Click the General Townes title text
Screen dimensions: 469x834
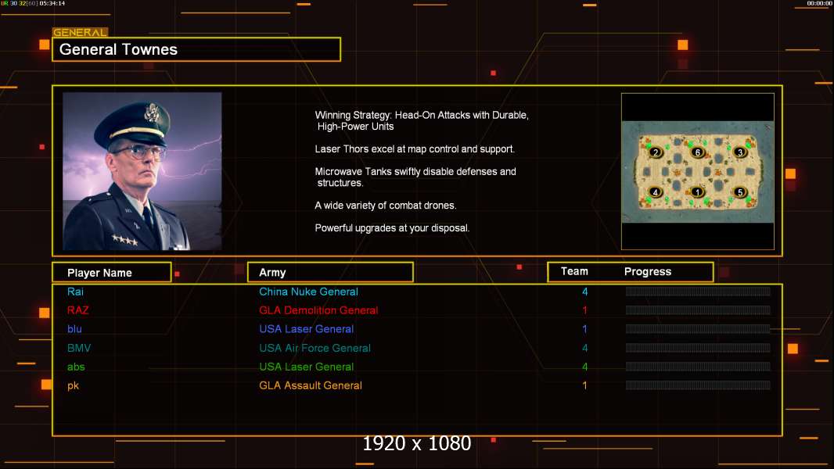[x=118, y=49]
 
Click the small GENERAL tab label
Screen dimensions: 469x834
[x=80, y=33]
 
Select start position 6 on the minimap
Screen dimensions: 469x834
[x=698, y=152]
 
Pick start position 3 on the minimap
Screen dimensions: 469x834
[x=740, y=152]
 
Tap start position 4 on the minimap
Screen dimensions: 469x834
[x=656, y=192]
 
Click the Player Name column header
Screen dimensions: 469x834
[x=99, y=273]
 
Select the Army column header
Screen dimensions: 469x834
[x=272, y=273]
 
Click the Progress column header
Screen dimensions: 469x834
[x=647, y=272]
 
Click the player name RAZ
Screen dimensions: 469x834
[x=78, y=310]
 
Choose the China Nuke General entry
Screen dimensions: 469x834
[x=308, y=292]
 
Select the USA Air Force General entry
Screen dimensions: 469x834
[x=315, y=348]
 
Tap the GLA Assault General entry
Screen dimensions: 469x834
[x=311, y=385]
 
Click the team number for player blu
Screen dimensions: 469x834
[x=584, y=329]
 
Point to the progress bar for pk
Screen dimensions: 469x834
[x=697, y=385]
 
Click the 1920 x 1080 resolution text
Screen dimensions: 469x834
[x=416, y=443]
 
